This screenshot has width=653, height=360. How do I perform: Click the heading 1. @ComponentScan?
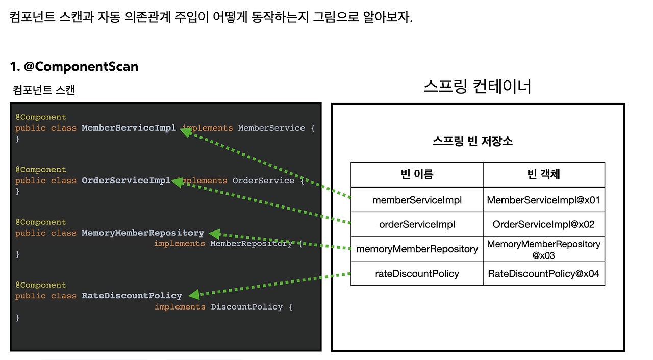coord(74,67)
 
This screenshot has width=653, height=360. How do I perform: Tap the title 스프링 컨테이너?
coord(478,86)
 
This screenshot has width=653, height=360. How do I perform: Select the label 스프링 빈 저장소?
coord(472,141)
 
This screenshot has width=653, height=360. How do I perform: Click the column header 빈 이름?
coord(417,175)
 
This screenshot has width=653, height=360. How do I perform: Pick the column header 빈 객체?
coord(543,175)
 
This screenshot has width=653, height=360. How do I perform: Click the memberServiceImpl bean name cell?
coord(417,200)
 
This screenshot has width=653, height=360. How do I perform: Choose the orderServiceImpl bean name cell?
coord(417,224)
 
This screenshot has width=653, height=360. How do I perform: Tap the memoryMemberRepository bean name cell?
coord(417,249)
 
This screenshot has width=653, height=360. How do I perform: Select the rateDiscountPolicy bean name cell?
coord(417,274)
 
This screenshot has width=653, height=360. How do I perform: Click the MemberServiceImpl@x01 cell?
coord(543,200)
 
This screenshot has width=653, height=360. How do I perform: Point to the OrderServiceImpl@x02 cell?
coord(543,224)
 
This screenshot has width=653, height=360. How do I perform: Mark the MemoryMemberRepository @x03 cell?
coord(543,249)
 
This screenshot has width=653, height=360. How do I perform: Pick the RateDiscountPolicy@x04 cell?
coord(543,274)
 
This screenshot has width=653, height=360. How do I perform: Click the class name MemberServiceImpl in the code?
coord(129,128)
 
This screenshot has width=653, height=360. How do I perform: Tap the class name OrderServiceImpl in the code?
coord(126,181)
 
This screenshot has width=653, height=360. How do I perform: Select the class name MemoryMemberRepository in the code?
coord(143,233)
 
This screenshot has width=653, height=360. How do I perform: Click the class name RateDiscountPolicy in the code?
coord(132,296)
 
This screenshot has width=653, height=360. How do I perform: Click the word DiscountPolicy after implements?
coord(246,307)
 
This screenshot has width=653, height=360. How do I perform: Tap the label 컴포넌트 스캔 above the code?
coord(44,91)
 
